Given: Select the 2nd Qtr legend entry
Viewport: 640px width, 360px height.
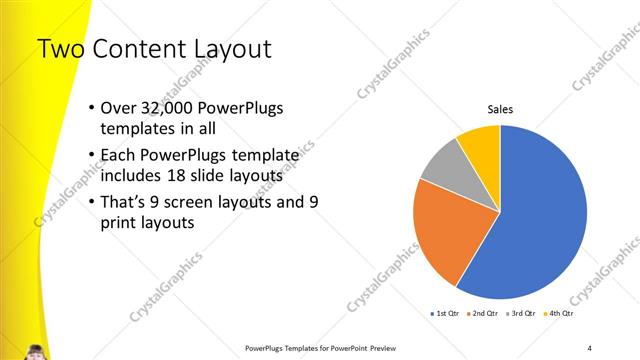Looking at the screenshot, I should [x=483, y=314].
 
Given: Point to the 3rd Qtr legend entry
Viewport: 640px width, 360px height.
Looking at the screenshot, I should [x=521, y=314].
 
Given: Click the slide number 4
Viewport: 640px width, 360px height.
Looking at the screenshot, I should [x=590, y=347].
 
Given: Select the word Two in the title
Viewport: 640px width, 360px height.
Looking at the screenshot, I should [x=60, y=48].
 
